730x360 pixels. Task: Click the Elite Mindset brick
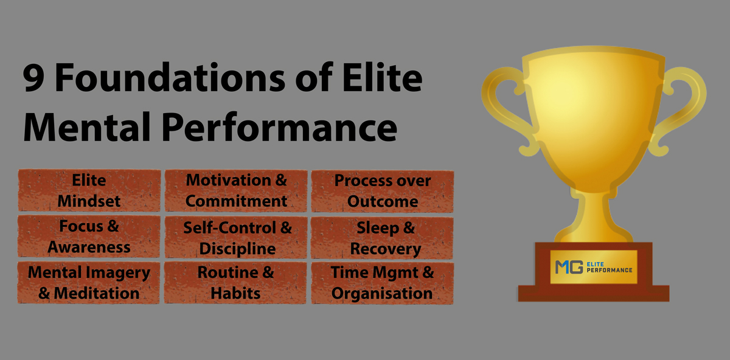[x=89, y=190]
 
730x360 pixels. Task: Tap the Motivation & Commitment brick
[x=236, y=190]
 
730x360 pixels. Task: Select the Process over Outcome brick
[x=383, y=191]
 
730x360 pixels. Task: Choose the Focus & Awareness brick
[x=89, y=236]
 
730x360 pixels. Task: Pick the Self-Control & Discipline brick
[x=236, y=238]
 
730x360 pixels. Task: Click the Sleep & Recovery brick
[x=382, y=238]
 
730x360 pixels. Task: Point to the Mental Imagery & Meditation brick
[x=89, y=283]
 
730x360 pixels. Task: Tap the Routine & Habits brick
[x=235, y=283]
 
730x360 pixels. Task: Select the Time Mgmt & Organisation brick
[x=382, y=283]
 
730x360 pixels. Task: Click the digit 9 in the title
[x=33, y=78]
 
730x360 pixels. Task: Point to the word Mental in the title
[x=86, y=126]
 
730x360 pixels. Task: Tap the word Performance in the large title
[x=279, y=128]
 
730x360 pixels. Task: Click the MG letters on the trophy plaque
[x=569, y=267]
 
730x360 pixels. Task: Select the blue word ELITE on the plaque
[x=595, y=264]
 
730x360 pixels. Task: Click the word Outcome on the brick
[x=383, y=201]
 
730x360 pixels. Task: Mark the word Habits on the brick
[x=235, y=293]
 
